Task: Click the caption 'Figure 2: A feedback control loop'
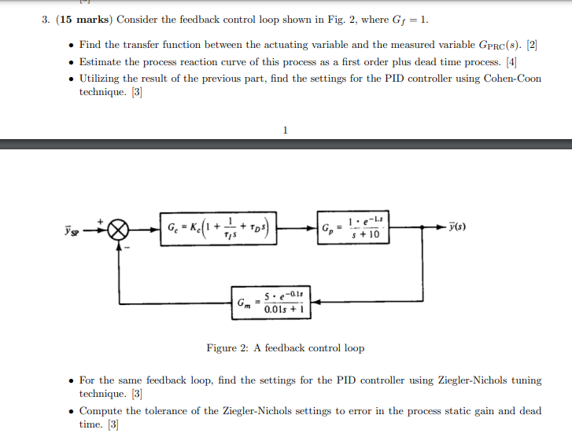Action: point(285,347)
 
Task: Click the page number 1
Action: point(285,130)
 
